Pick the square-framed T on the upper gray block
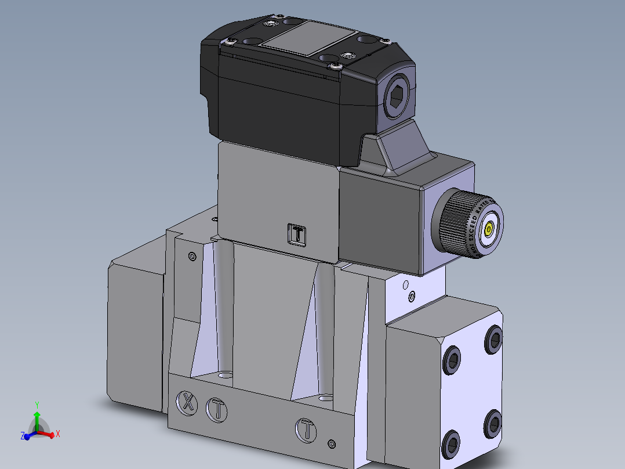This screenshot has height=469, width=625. click(296, 234)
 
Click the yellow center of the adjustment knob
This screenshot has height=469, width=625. click(490, 230)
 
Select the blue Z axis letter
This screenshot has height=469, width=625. click(22, 436)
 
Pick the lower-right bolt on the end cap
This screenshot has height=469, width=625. click(493, 423)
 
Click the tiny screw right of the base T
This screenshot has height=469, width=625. click(331, 443)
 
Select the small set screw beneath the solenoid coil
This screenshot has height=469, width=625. click(406, 285)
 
